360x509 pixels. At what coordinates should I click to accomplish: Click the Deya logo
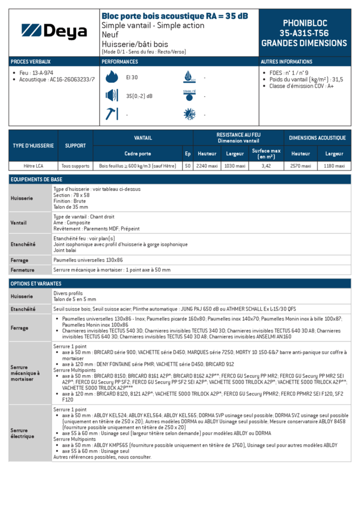54,32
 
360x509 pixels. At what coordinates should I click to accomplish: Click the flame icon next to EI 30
111,77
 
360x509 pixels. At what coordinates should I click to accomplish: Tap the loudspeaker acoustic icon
111,96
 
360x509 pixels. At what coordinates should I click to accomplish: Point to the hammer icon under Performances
111,114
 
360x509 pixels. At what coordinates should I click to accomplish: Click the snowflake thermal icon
189,115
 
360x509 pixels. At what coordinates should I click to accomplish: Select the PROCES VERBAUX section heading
31,62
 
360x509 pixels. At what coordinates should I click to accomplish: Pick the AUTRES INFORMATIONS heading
286,62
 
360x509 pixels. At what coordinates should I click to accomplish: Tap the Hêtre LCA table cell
33,166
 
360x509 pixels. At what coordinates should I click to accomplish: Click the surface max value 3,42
266,166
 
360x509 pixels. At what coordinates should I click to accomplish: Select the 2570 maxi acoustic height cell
300,166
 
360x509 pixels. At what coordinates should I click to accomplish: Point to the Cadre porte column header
137,154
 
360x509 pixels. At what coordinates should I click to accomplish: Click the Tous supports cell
75,166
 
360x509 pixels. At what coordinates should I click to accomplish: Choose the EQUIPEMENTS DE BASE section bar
180,179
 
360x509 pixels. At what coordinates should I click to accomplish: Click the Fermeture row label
22,270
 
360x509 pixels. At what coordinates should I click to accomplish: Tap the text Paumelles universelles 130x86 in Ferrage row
88,260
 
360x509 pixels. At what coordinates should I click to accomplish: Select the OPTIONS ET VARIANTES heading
180,284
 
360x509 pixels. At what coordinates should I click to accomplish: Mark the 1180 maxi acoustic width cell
334,166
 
